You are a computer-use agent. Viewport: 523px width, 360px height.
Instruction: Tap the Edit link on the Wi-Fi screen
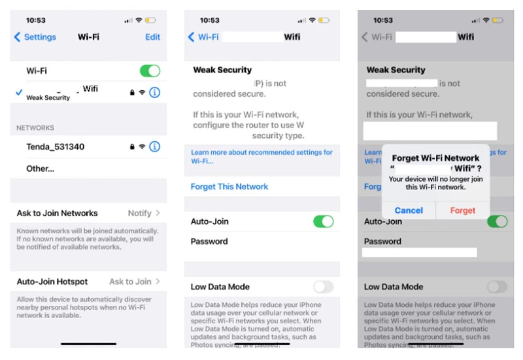pyautogui.click(x=152, y=37)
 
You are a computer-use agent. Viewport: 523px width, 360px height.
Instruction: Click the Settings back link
pyautogui.click(x=35, y=37)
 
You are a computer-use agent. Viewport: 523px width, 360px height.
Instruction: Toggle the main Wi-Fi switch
pyautogui.click(x=150, y=71)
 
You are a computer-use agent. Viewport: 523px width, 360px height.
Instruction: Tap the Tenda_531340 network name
pyautogui.click(x=56, y=146)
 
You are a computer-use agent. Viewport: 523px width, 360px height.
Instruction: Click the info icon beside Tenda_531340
pyautogui.click(x=154, y=146)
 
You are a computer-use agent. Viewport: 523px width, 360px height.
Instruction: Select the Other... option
pyautogui.click(x=41, y=169)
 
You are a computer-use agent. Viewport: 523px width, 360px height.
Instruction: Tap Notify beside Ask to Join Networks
pyautogui.click(x=140, y=213)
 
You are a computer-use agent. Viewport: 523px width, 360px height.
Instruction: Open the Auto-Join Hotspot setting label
pyautogui.click(x=52, y=282)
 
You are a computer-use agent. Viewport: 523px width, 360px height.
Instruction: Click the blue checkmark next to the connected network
pyautogui.click(x=19, y=93)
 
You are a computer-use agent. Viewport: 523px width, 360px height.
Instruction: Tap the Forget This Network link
pyautogui.click(x=229, y=187)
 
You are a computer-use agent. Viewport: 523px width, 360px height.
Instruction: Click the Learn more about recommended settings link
pyautogui.click(x=261, y=157)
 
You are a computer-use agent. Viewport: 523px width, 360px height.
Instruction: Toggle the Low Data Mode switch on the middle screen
pyautogui.click(x=323, y=287)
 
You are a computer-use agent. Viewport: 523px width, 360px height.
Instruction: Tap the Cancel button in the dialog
pyautogui.click(x=409, y=210)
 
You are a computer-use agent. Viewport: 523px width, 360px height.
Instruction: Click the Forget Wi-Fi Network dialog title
pyautogui.click(x=435, y=158)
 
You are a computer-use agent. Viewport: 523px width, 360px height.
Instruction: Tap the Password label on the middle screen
pyautogui.click(x=209, y=242)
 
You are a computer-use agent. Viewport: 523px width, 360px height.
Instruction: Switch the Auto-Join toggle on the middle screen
pyautogui.click(x=323, y=221)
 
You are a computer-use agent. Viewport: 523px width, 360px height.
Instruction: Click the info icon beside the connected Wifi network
pyautogui.click(x=154, y=93)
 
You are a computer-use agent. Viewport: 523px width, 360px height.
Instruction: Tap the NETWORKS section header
pyautogui.click(x=35, y=128)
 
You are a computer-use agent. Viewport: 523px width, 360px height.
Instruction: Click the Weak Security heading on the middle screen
pyautogui.click(x=222, y=70)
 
